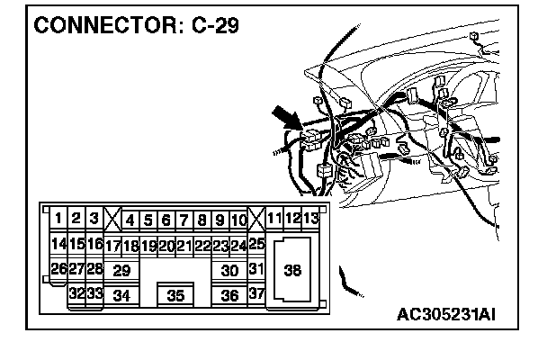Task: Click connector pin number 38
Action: pos(292,269)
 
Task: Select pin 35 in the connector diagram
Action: pos(175,295)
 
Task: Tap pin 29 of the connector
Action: pos(122,270)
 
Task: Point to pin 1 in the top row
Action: pos(58,218)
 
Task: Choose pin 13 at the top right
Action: pos(310,218)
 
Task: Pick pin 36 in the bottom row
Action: pos(229,295)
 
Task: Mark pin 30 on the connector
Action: pos(229,270)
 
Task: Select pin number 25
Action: pos(256,243)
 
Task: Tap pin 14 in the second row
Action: pos(58,243)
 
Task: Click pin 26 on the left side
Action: pos(58,268)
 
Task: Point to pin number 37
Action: pos(256,293)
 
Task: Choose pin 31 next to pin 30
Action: pos(256,269)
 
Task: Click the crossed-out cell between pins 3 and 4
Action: pos(112,219)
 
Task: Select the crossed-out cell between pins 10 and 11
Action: pos(256,219)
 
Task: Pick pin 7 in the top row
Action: pos(184,219)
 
